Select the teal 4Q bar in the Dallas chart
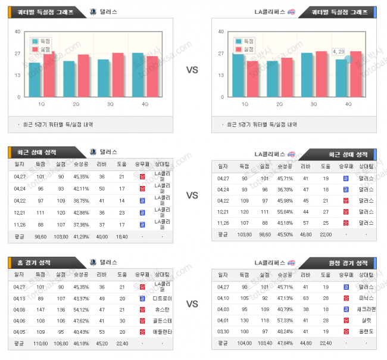click(x=138, y=75)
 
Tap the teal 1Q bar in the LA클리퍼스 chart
click(x=238, y=75)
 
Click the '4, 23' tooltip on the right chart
click(x=339, y=52)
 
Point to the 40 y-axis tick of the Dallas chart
click(x=18, y=32)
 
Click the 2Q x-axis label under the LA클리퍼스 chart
click(x=280, y=104)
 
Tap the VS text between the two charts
click(x=192, y=70)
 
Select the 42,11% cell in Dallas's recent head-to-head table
click(x=81, y=189)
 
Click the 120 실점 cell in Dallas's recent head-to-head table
click(x=61, y=213)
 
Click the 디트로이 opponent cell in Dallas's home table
click(x=162, y=298)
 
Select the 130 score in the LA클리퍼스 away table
click(x=243, y=320)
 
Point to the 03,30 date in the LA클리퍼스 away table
click(x=223, y=331)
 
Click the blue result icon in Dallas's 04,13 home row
click(x=142, y=298)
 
